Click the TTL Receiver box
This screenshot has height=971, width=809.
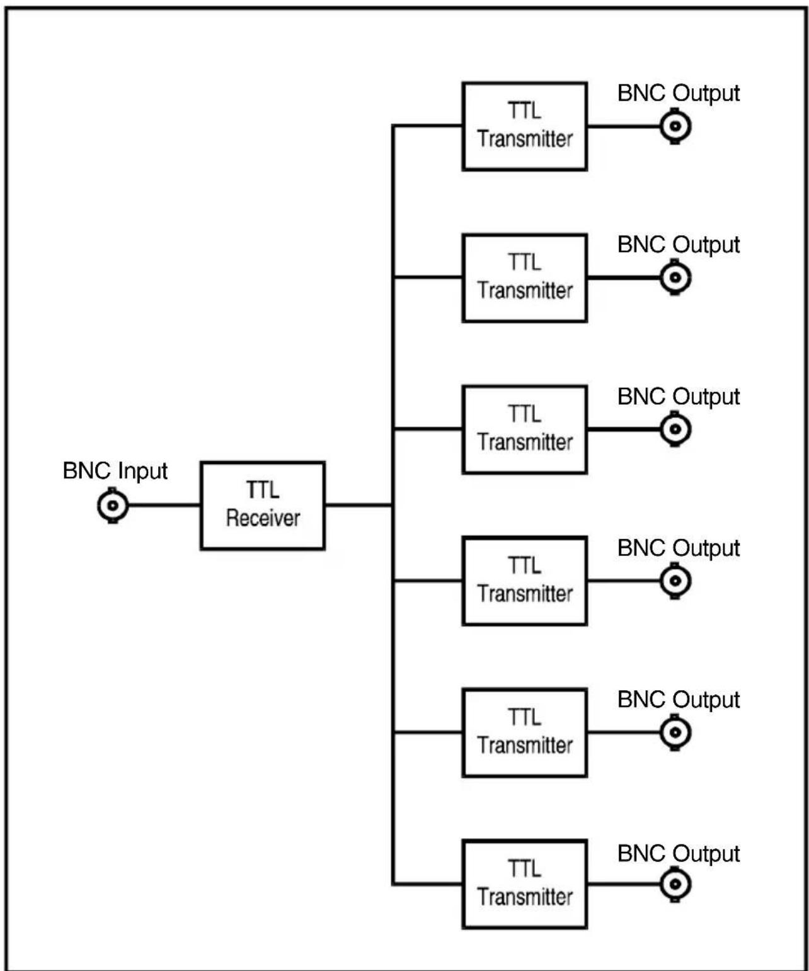(x=262, y=505)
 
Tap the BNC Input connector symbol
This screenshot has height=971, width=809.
(x=113, y=505)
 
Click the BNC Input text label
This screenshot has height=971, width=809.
(x=115, y=471)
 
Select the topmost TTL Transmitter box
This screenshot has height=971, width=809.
(x=524, y=126)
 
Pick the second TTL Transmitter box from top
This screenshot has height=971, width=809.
(x=524, y=278)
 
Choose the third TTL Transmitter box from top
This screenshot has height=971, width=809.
(x=524, y=429)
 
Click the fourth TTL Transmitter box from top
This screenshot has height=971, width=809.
(x=524, y=581)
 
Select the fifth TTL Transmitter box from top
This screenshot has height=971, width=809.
(x=524, y=732)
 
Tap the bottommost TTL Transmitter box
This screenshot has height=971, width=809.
(x=524, y=884)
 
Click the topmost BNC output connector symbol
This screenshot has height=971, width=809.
(x=675, y=126)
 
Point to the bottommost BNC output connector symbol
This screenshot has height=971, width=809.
(x=675, y=884)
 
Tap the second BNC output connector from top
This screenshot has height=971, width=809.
(x=675, y=278)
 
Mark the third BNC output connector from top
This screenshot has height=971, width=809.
(x=675, y=429)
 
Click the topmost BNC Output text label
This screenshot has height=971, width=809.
(x=679, y=93)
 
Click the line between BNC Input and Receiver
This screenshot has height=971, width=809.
(x=164, y=505)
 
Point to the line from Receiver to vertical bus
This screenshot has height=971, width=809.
(x=359, y=505)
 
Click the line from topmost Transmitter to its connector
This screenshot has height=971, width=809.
(x=623, y=126)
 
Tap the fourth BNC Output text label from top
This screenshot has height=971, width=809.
(x=679, y=548)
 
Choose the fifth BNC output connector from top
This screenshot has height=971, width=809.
(x=675, y=732)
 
